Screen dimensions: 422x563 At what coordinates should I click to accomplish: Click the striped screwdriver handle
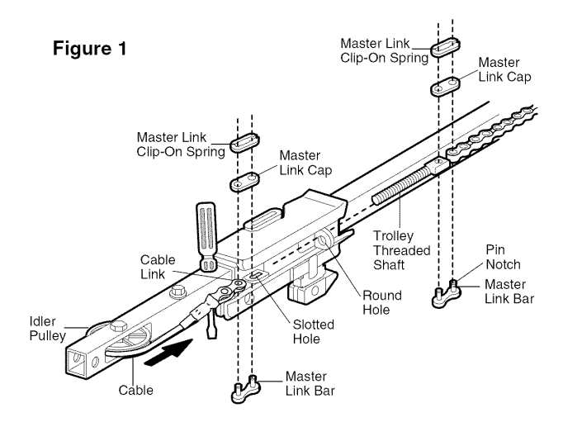[x=205, y=229]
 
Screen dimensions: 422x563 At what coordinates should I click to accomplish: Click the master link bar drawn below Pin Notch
[x=447, y=293]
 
